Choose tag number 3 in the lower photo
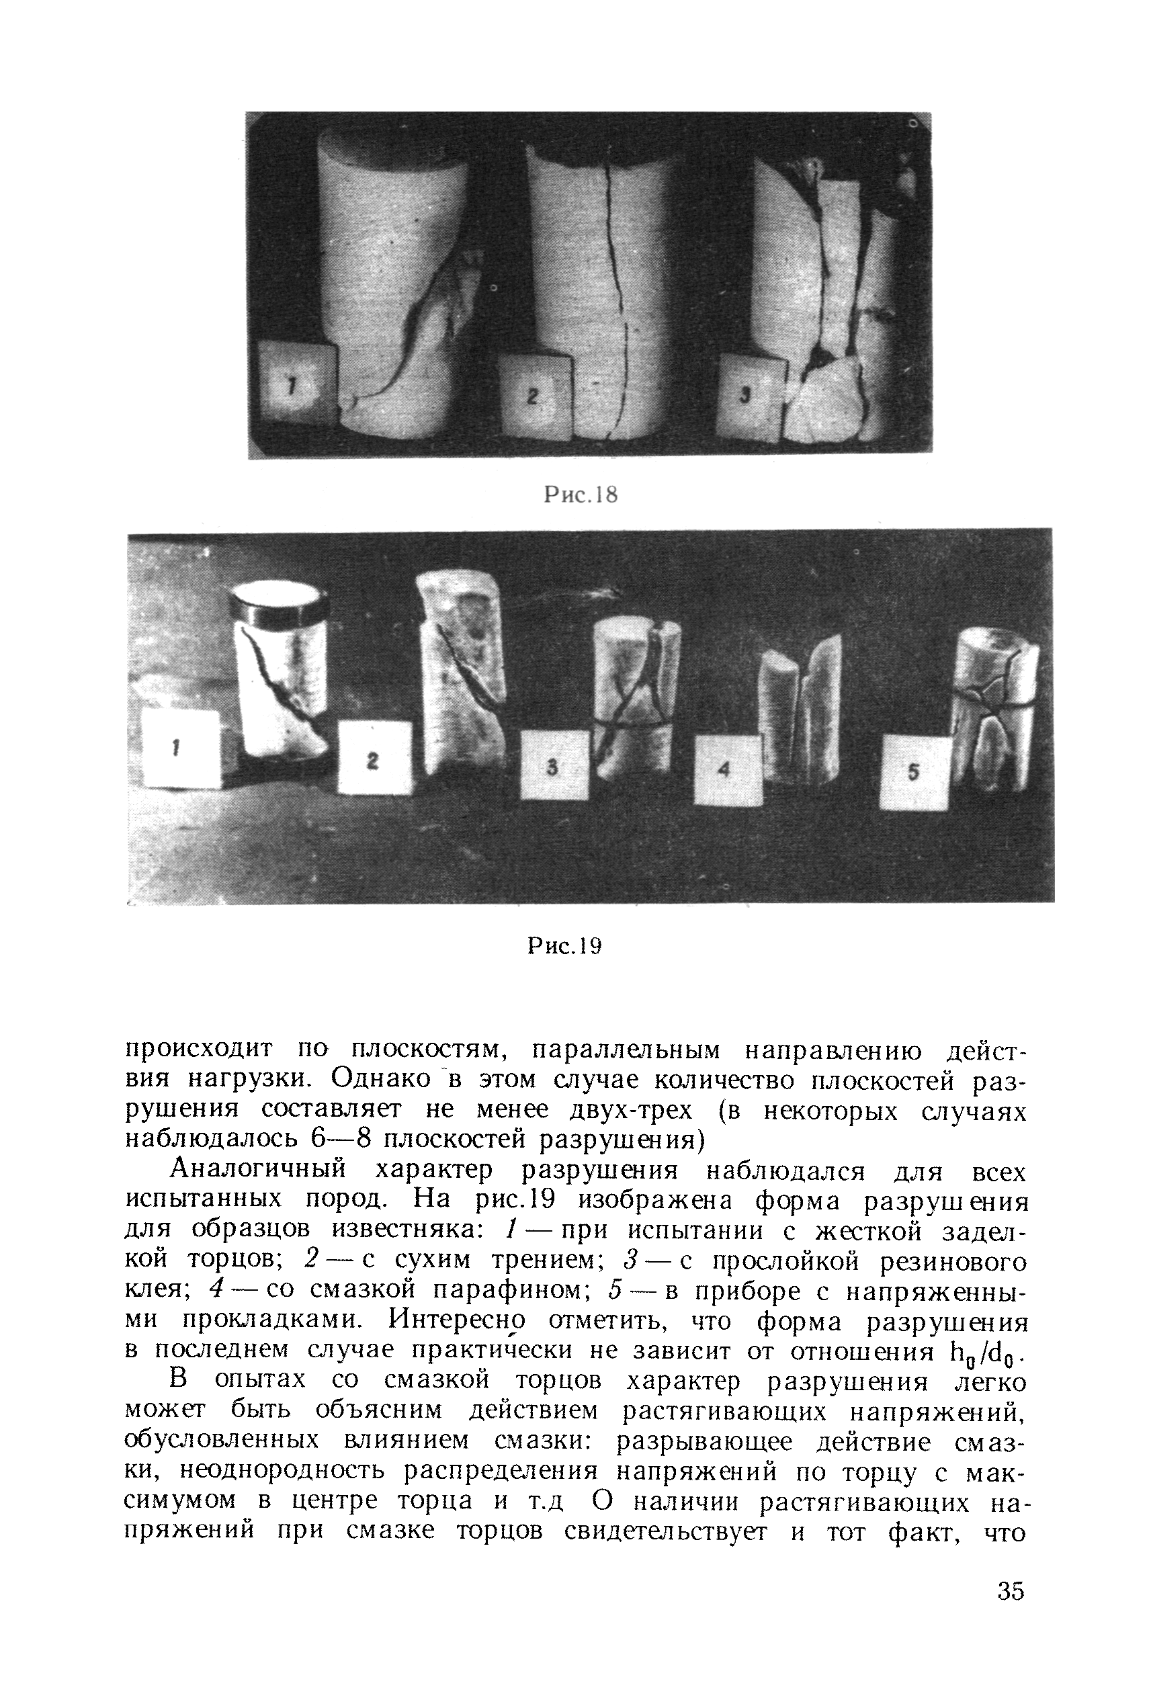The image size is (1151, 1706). [554, 765]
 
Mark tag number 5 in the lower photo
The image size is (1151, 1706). [914, 771]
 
